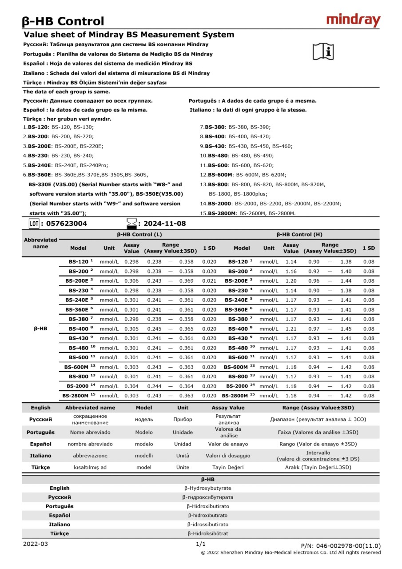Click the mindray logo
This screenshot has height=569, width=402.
click(354, 20)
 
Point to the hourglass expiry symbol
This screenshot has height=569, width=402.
click(131, 223)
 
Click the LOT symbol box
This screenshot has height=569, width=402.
click(34, 224)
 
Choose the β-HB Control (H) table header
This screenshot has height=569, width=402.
click(299, 234)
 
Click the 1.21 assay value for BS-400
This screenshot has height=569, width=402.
click(291, 329)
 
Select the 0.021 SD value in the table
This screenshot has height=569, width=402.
click(209, 281)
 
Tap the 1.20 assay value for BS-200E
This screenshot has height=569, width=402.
click(291, 281)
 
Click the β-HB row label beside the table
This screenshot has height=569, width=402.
click(40, 329)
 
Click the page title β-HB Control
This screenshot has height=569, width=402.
click(63, 21)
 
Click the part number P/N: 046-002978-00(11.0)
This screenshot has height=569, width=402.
click(341, 546)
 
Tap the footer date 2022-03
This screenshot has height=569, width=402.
click(35, 544)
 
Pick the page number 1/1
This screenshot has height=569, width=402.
click(201, 544)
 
